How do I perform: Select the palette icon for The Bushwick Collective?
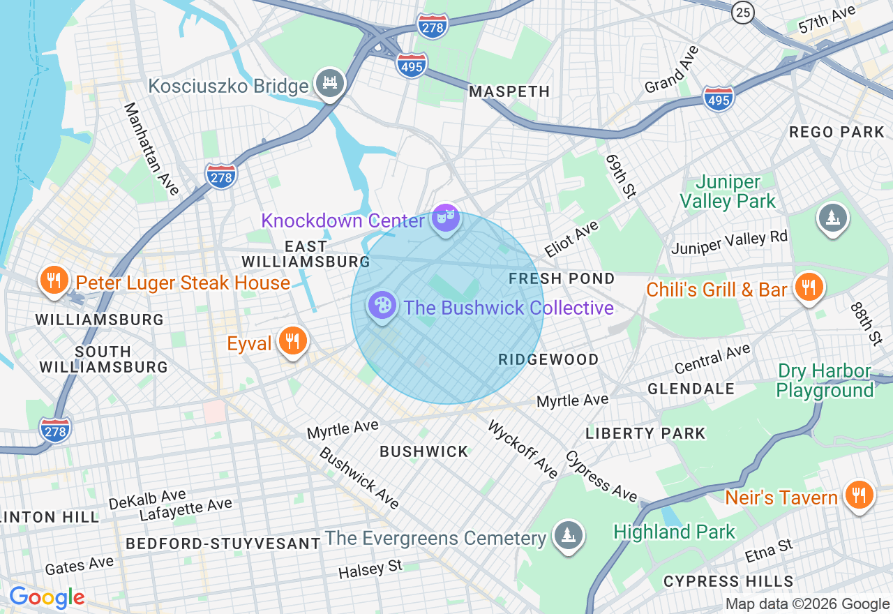tap(382, 306)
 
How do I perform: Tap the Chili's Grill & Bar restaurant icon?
tap(809, 287)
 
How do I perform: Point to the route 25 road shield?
tap(742, 12)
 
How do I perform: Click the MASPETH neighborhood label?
tap(509, 91)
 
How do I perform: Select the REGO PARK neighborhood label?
tap(836, 132)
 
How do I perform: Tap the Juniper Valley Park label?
tap(728, 192)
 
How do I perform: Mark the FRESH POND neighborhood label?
tap(562, 278)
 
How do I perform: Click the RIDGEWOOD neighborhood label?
tap(548, 359)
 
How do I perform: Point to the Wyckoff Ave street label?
tap(523, 449)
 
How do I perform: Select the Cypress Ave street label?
tap(601, 476)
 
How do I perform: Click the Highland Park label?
tap(674, 532)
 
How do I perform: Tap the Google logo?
tap(47, 597)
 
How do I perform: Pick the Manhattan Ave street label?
tap(151, 149)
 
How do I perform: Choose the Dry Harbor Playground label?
tap(824, 380)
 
